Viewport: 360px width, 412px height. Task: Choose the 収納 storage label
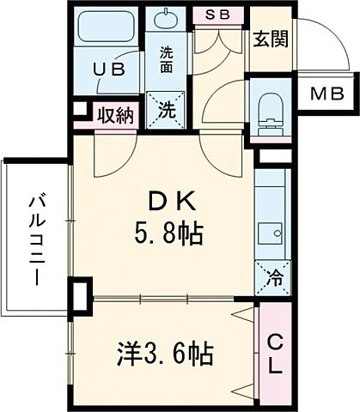tap(114, 114)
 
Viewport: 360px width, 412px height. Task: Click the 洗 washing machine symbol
tap(168, 109)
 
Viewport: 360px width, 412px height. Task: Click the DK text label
tap(174, 202)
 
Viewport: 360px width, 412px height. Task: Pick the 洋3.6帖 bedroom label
tap(165, 352)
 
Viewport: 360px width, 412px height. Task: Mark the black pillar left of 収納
tap(79, 111)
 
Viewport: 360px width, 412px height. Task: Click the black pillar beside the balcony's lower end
tap(80, 296)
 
